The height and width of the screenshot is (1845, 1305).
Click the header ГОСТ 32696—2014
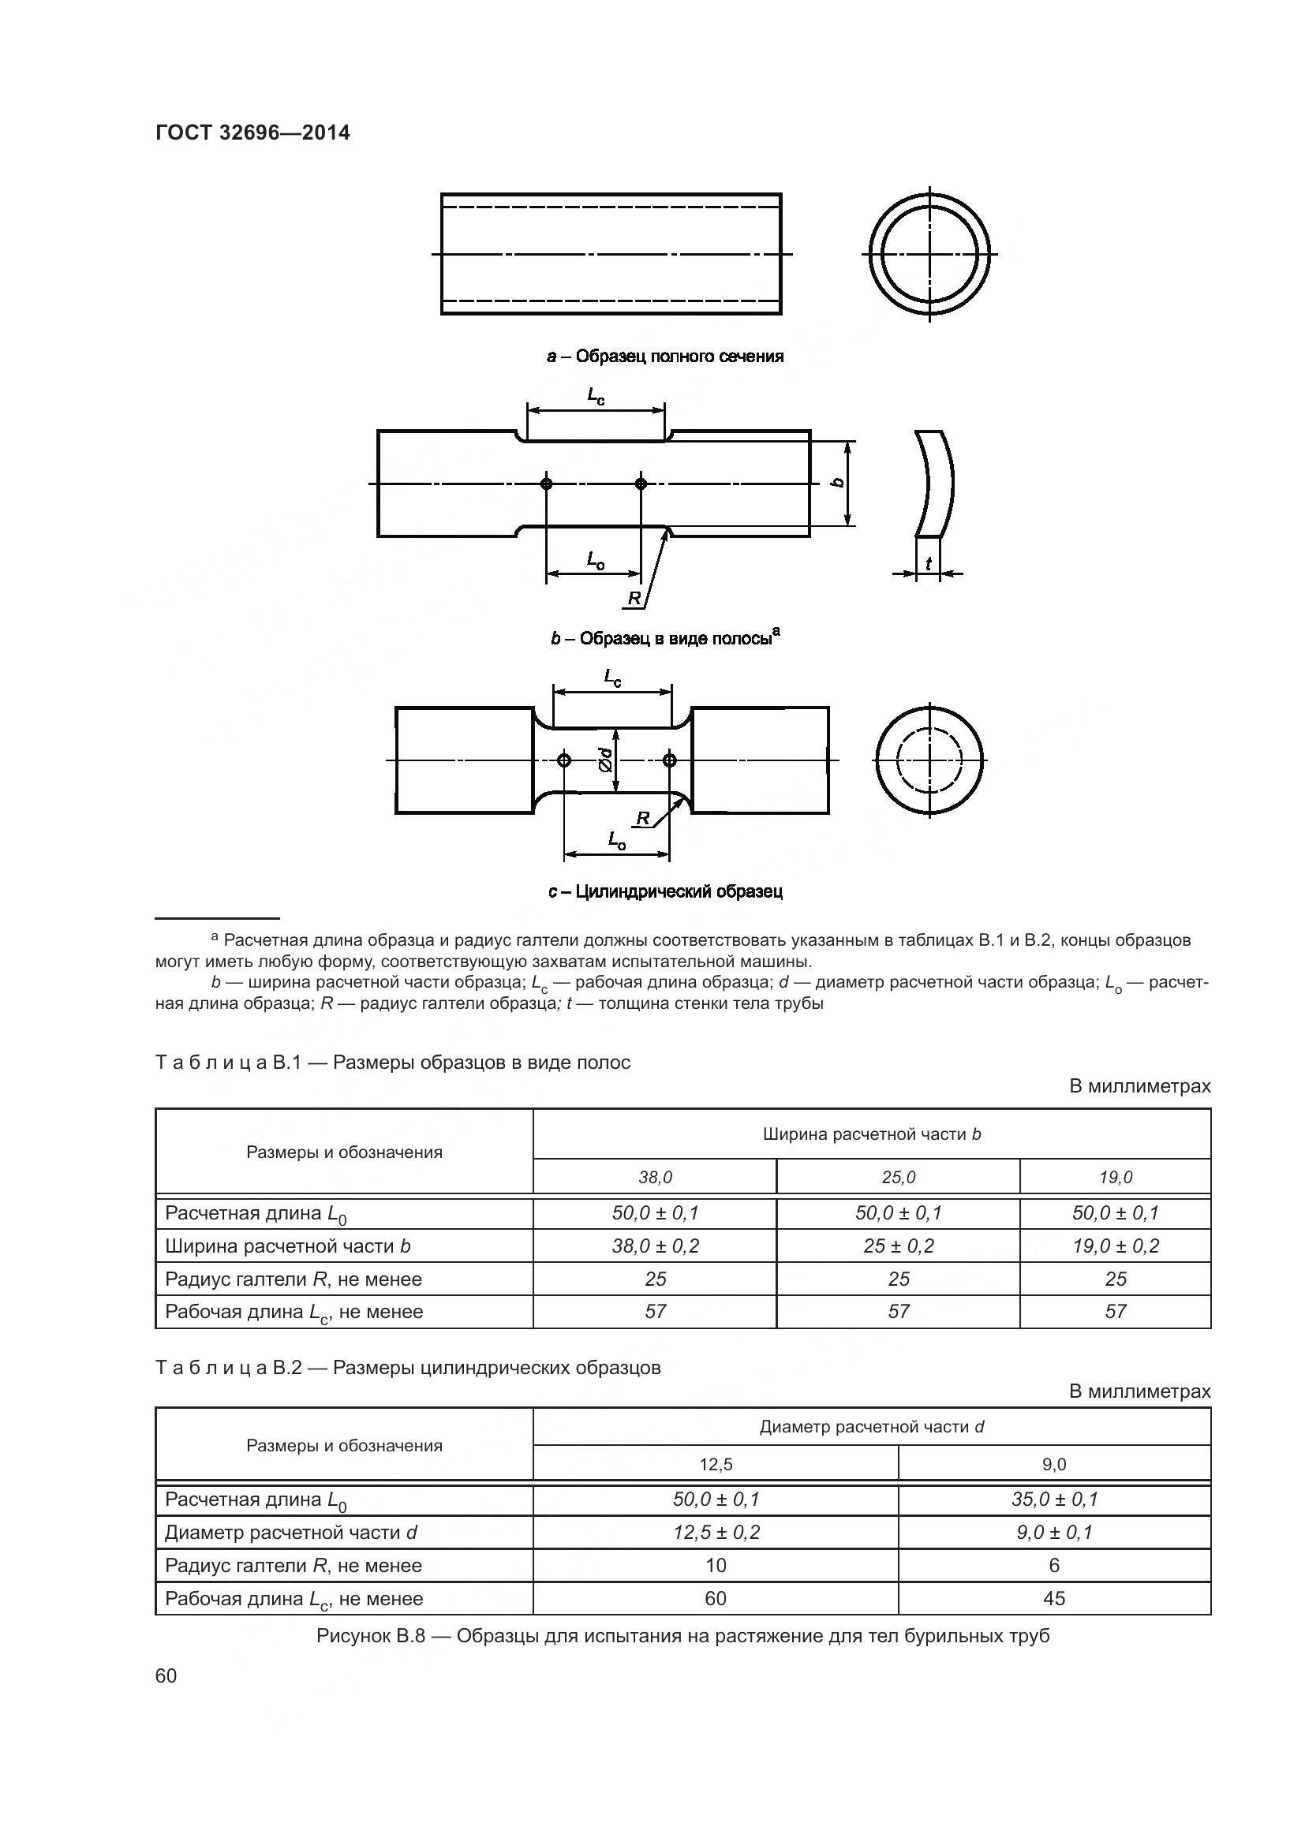pos(252,133)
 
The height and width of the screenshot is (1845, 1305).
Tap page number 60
pos(166,1675)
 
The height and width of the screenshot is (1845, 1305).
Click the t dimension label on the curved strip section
pos(928,564)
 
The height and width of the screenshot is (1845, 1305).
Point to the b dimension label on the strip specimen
pos(837,483)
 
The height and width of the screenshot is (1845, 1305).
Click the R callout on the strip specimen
pos(634,598)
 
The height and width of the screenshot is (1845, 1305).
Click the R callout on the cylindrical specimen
pos(643,818)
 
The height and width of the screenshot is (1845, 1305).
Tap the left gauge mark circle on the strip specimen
pos(547,484)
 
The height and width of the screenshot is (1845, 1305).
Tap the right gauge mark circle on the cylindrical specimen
pos(670,760)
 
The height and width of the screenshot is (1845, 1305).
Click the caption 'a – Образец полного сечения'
pos(665,356)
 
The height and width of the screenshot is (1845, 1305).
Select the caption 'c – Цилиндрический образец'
pos(665,891)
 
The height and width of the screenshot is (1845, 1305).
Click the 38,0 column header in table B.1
pos(655,1177)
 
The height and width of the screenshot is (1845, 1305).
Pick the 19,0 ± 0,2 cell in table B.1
pos(1116,1246)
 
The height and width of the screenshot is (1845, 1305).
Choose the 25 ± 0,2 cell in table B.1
pos(899,1246)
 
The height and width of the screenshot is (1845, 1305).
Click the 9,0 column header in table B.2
pos(1053,1465)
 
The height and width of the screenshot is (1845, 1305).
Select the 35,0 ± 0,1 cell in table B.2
pos(1053,1500)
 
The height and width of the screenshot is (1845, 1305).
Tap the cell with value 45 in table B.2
pos(1053,1599)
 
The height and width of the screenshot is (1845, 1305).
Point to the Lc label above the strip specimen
pos(596,396)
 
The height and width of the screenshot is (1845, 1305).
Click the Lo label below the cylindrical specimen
pos(617,841)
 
